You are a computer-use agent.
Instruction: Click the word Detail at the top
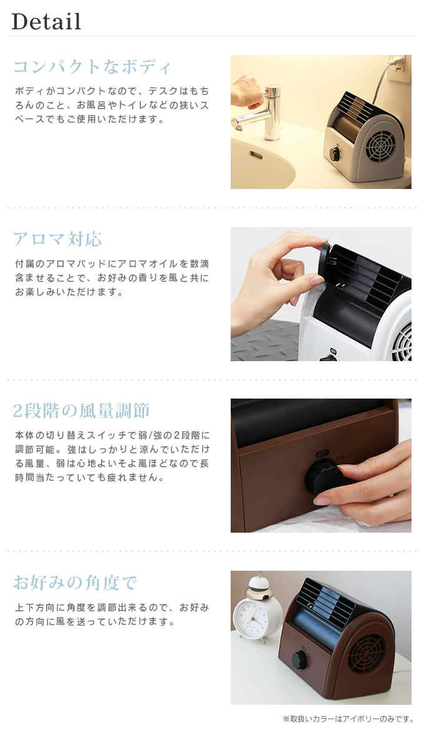(46, 22)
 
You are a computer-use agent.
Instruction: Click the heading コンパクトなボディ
(92, 67)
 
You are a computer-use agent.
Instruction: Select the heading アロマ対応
(57, 239)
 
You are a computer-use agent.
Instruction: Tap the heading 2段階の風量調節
(81, 410)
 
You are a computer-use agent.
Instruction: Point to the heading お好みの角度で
(75, 583)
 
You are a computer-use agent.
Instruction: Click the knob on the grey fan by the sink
(334, 153)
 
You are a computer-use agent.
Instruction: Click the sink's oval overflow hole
(256, 155)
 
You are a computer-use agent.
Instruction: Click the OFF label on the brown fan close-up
(322, 454)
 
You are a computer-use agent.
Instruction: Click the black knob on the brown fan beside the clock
(299, 660)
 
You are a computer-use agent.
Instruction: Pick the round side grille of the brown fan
(368, 652)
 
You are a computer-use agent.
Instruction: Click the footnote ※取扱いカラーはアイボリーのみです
(348, 719)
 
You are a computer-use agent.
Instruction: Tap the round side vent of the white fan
(402, 341)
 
